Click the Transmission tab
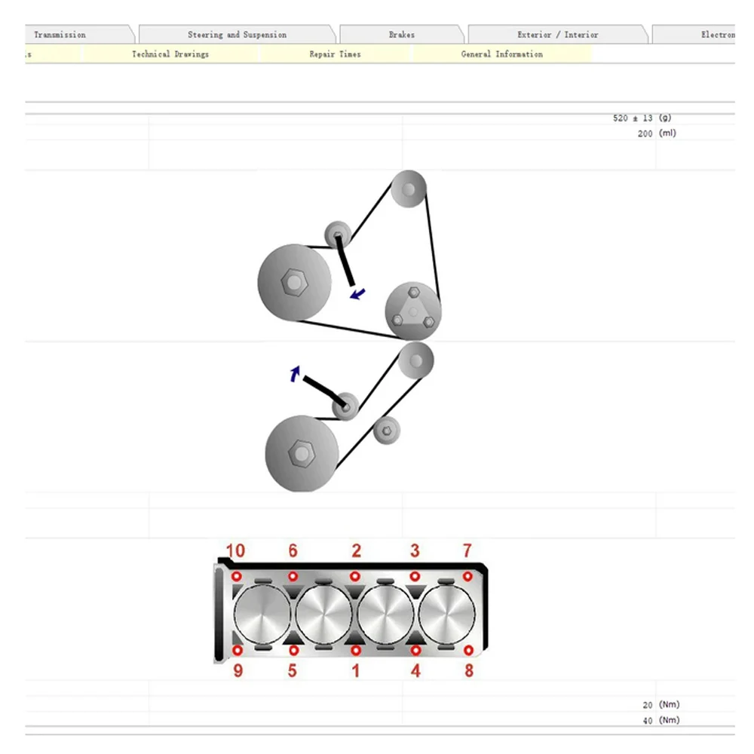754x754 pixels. [x=60, y=35]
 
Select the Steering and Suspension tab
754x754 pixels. [x=237, y=35]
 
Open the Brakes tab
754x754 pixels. [x=402, y=35]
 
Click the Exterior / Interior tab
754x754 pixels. [x=557, y=35]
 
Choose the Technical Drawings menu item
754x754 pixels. [x=170, y=54]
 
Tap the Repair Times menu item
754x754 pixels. [x=335, y=54]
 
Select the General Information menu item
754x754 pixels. [x=501, y=54]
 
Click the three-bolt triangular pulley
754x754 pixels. [x=412, y=311]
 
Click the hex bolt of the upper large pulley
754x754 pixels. [x=293, y=283]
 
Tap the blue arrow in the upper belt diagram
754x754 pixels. [x=358, y=293]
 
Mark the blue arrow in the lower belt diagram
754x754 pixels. [x=296, y=373]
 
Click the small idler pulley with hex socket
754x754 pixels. [x=386, y=431]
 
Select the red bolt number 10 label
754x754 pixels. [x=235, y=551]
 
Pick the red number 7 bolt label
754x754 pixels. [x=467, y=551]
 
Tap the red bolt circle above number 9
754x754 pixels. [x=238, y=649]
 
